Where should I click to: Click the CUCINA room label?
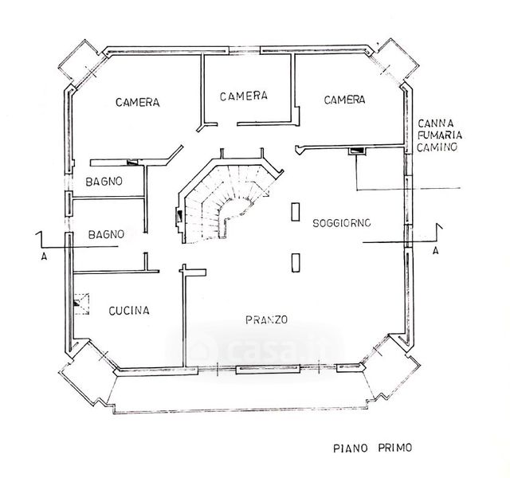pyautogui.click(x=129, y=311)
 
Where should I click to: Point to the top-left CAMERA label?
pyautogui.click(x=138, y=103)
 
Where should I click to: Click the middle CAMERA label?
pyautogui.click(x=243, y=96)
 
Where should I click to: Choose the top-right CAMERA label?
pyautogui.click(x=344, y=100)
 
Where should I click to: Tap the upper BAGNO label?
pyautogui.click(x=104, y=182)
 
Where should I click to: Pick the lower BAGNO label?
pyautogui.click(x=106, y=234)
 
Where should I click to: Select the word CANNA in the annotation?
pyautogui.click(x=436, y=123)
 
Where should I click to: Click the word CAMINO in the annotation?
pyautogui.click(x=436, y=148)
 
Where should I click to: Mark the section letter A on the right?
pyautogui.click(x=434, y=250)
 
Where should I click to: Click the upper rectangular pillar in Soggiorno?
pyautogui.click(x=295, y=211)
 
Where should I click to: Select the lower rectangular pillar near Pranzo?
pyautogui.click(x=295, y=262)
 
